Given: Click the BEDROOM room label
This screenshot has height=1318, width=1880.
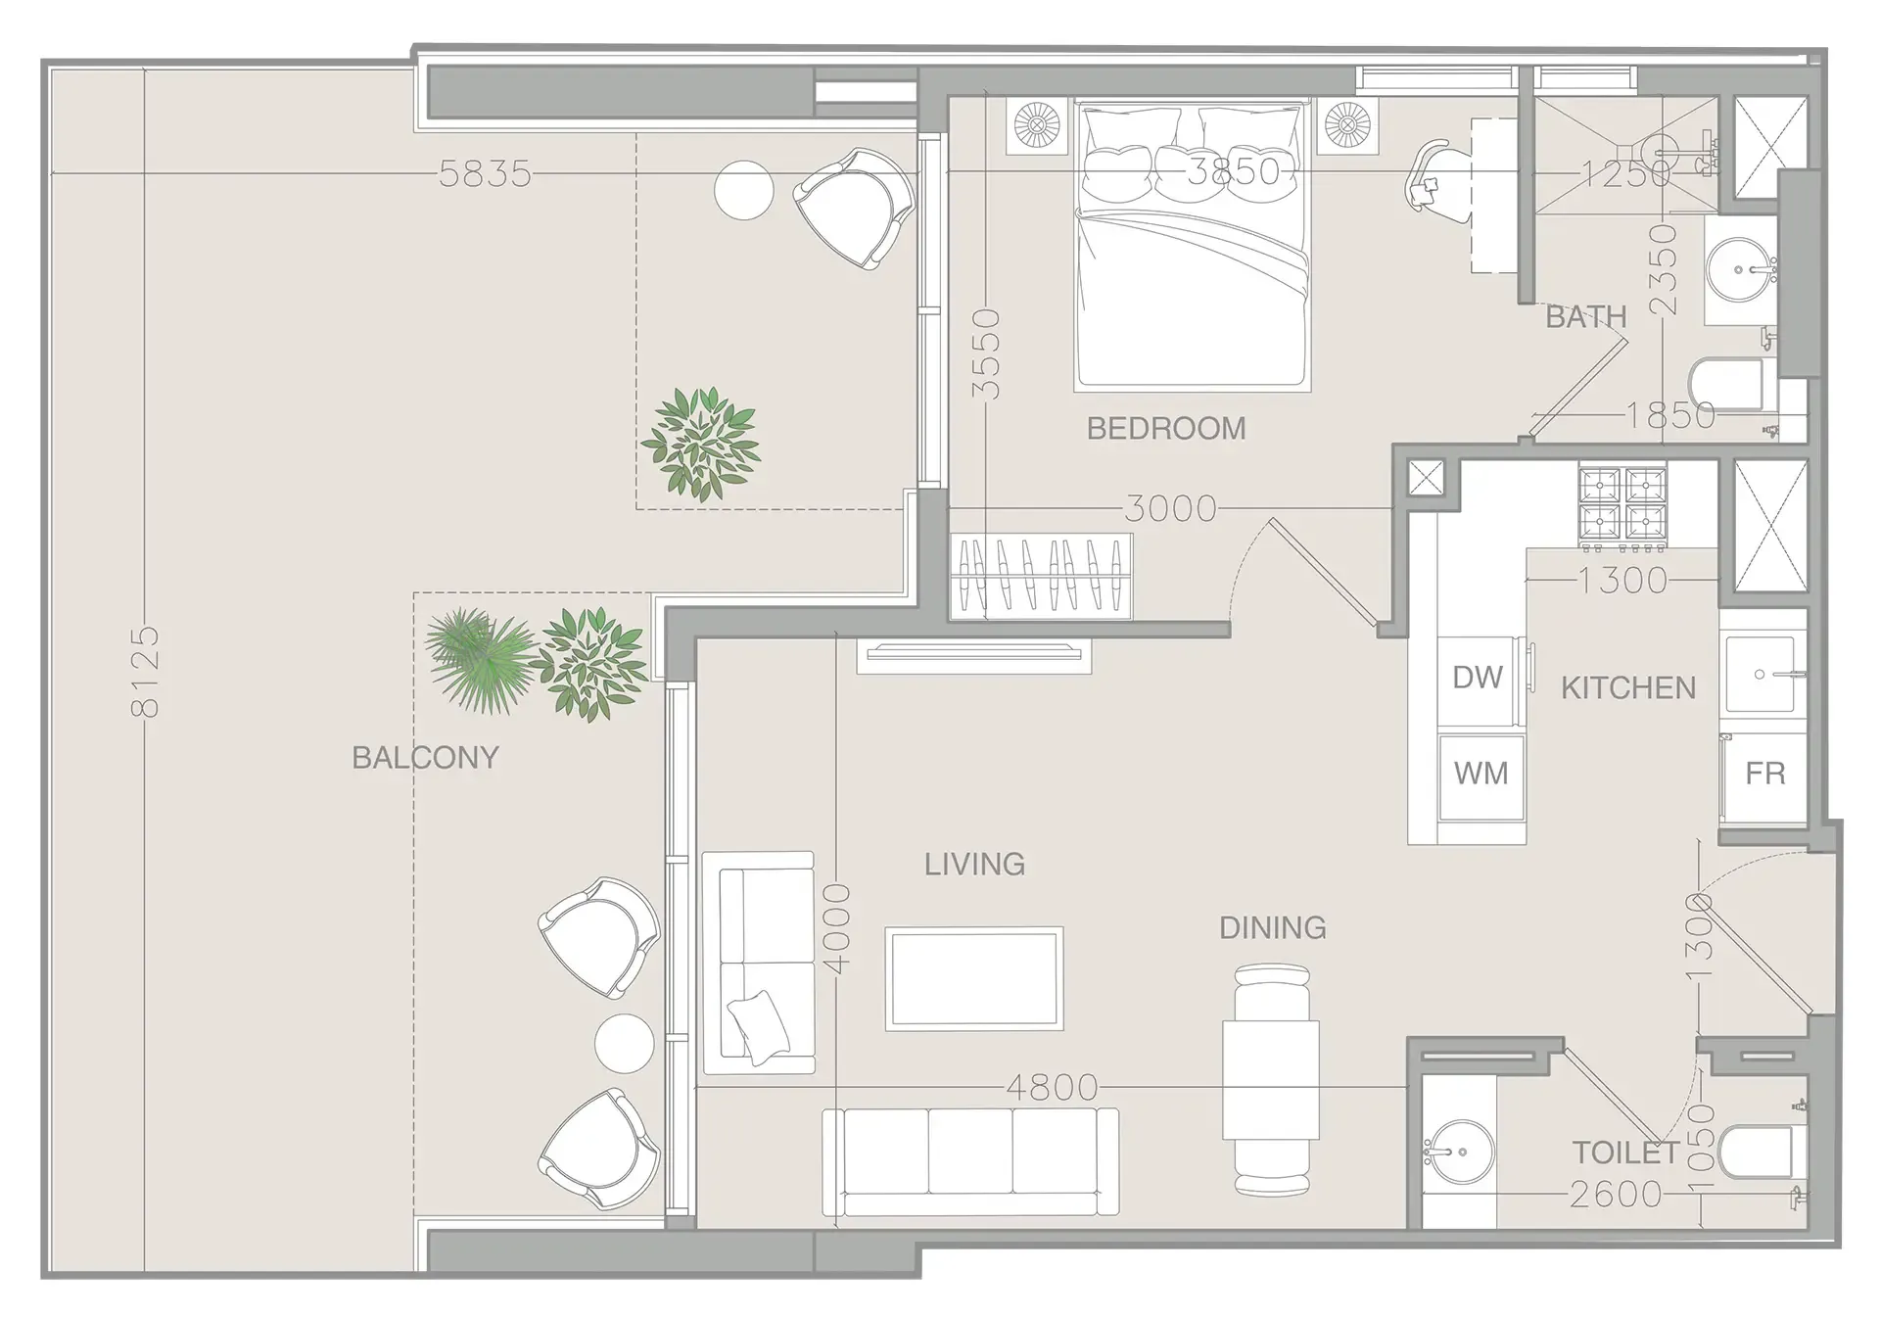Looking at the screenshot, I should coord(1165,428).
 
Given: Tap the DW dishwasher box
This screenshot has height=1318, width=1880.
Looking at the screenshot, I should coord(1478,677).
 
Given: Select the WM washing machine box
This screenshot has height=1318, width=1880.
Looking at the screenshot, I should coord(1480,774).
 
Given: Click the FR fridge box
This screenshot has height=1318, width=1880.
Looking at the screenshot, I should coord(1764,774).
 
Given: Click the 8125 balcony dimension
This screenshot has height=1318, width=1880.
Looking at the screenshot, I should coord(145,672).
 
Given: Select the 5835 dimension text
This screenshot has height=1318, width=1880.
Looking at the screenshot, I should coord(485,174).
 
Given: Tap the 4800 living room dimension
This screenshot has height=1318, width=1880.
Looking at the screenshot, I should coord(1052,1087).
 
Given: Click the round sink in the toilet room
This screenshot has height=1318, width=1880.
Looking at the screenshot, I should coord(1459,1153).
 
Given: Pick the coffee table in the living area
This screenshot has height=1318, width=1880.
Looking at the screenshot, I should coord(973,977).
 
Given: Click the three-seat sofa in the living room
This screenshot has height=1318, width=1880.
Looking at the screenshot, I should coord(969,1162).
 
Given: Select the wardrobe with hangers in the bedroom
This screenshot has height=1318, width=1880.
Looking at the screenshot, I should coord(1041,576).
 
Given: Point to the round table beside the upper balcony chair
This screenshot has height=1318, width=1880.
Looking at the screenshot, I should coord(743,190).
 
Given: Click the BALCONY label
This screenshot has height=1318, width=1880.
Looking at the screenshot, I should coord(425,757).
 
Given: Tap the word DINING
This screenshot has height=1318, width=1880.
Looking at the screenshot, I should coord(1272,927).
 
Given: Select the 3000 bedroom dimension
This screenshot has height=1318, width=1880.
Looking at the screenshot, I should coord(1170,508).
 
